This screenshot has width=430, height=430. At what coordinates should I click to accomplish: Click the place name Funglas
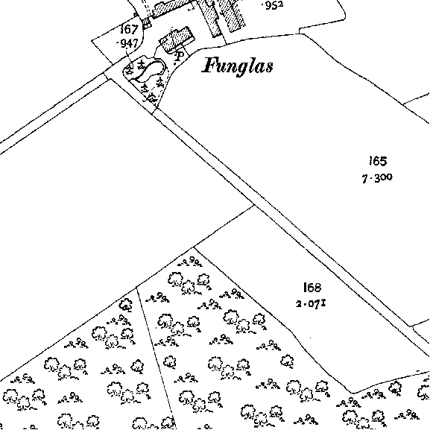[238, 66]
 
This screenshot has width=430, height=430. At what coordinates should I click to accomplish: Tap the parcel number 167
[129, 29]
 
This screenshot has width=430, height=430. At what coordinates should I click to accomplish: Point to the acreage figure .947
[127, 43]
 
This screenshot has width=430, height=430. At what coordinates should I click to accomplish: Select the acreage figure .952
[273, 5]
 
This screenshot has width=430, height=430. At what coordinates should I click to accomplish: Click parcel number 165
[378, 161]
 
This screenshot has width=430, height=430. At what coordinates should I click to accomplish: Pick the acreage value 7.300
[377, 178]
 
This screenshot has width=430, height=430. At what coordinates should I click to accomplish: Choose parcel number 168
[312, 288]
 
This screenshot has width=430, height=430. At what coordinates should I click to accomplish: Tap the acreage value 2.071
[311, 304]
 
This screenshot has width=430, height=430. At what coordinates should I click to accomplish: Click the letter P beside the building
[180, 57]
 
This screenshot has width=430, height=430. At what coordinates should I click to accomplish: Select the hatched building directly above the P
[177, 39]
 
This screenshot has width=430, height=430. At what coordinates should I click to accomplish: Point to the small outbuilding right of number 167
[147, 23]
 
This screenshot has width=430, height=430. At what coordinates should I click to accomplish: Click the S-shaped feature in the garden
[151, 70]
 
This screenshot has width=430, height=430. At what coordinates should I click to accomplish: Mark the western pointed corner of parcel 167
[92, 41]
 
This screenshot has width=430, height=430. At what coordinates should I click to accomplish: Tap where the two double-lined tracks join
[107, 76]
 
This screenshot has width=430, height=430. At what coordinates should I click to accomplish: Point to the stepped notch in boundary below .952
[300, 31]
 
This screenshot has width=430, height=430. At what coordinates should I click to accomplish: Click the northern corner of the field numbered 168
[254, 205]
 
